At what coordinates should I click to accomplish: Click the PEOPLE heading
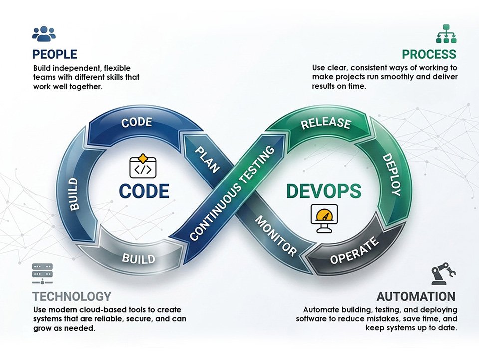[x=55, y=54]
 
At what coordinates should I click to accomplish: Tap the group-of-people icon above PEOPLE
[x=44, y=33]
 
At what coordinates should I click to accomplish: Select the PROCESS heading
[x=429, y=54]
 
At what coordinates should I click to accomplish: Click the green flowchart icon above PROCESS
[x=446, y=33]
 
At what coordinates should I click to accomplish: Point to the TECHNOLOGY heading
[x=72, y=296]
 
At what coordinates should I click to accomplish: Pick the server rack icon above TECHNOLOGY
[x=42, y=274]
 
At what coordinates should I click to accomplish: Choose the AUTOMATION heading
[x=416, y=296]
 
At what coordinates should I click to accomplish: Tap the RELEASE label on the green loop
[x=326, y=123]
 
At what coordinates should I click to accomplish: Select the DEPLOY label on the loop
[x=391, y=175]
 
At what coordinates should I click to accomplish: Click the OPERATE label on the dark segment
[x=354, y=251]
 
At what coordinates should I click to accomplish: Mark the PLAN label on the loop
[x=207, y=160]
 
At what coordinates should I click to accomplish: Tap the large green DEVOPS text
[x=324, y=191]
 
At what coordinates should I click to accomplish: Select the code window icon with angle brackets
[x=143, y=166]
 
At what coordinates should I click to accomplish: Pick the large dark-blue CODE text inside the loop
[x=144, y=191]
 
